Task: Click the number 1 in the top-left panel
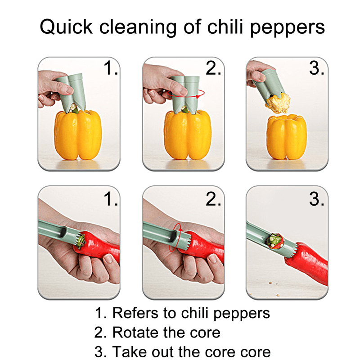coord(110,68)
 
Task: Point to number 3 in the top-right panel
coord(316,68)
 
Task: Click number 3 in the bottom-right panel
coord(316,198)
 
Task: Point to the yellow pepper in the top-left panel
coord(78,135)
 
